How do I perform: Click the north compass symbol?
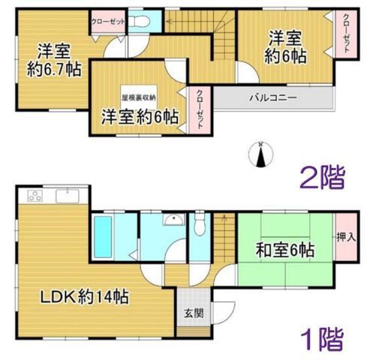coord(260,154)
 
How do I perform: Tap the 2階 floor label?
coord(323,178)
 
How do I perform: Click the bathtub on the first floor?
coord(103,237)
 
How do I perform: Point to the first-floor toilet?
coord(200,223)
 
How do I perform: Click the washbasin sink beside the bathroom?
coord(173,220)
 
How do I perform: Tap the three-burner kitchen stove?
coord(35,196)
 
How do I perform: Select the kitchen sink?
coord(68,196)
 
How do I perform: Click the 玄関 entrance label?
coord(194,313)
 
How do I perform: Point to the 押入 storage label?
coord(346,237)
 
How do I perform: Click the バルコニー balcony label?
coord(273,97)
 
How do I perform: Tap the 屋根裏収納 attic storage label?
coord(139,97)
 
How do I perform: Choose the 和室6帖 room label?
coord(285,250)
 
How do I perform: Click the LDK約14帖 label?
coord(85,296)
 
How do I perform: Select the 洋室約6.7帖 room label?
coord(54,60)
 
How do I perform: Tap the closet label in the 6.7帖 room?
coord(108,22)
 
